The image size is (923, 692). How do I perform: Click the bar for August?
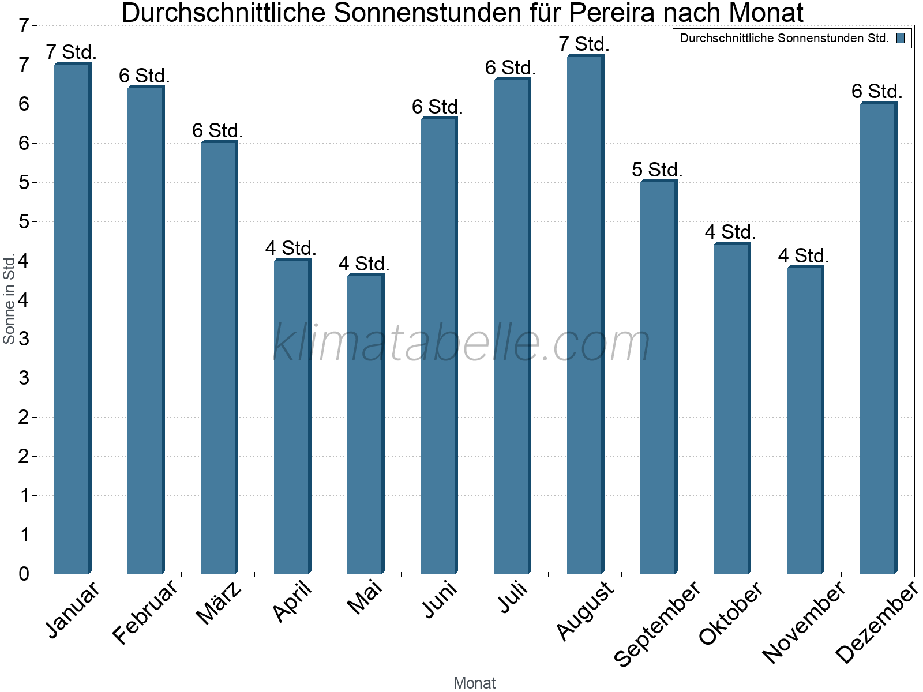[x=585, y=314]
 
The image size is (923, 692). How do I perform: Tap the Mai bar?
[x=365, y=424]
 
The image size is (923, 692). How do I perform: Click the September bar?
[x=658, y=377]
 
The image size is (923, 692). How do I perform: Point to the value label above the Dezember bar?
[x=877, y=91]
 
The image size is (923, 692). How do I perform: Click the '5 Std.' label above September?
[x=657, y=170]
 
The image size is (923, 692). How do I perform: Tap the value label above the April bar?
[x=291, y=248]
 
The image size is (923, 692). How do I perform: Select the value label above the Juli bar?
[x=511, y=67]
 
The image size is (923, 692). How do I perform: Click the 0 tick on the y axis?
[x=24, y=574]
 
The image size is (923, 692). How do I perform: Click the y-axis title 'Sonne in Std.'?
[x=9, y=299]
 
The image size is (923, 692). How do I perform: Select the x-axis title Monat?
[x=474, y=683]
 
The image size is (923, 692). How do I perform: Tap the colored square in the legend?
[x=901, y=39]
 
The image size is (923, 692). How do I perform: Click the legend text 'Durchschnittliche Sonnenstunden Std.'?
[x=784, y=39]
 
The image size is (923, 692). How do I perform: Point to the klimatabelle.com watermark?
[x=461, y=343]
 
